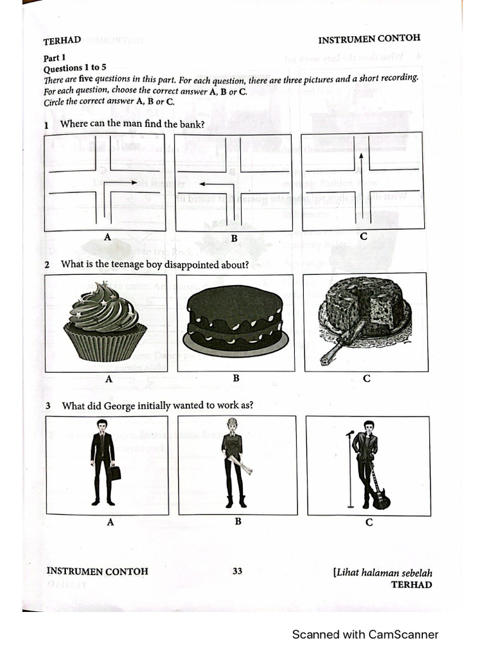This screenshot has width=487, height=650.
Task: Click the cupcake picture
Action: coord(105,322)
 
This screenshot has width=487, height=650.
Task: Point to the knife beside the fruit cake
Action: coord(341,343)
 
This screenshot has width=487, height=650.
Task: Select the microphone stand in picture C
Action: coord(350,470)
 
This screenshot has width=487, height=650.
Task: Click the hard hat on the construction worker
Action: coord(233,423)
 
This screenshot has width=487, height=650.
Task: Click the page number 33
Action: coord(237,571)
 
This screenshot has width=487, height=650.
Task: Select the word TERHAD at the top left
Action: coord(62,41)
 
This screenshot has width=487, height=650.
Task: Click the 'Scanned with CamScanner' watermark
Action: coord(365,634)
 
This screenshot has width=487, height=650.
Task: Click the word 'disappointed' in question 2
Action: coord(190,265)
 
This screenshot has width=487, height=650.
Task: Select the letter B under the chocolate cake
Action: coord(235,378)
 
